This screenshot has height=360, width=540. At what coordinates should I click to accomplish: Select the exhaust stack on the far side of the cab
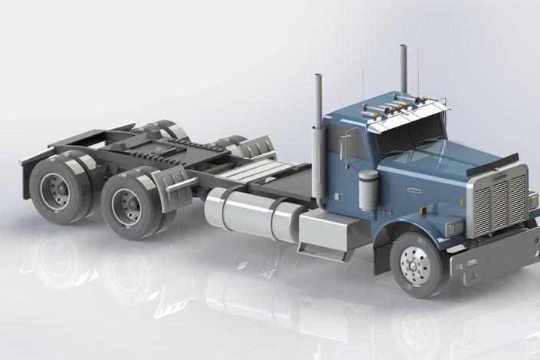point(403,74)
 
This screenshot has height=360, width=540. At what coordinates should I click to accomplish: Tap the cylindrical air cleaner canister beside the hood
point(368,189)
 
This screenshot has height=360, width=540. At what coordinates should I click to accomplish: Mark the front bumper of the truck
point(491,257)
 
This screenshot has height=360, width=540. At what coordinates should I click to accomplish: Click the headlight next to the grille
point(455,227)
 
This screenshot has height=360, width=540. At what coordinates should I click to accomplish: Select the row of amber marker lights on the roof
point(399,101)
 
